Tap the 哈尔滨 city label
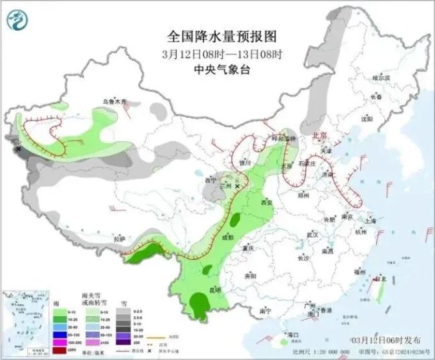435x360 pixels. (380, 78)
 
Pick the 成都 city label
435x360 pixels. (228, 238)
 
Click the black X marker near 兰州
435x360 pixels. (236, 189)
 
